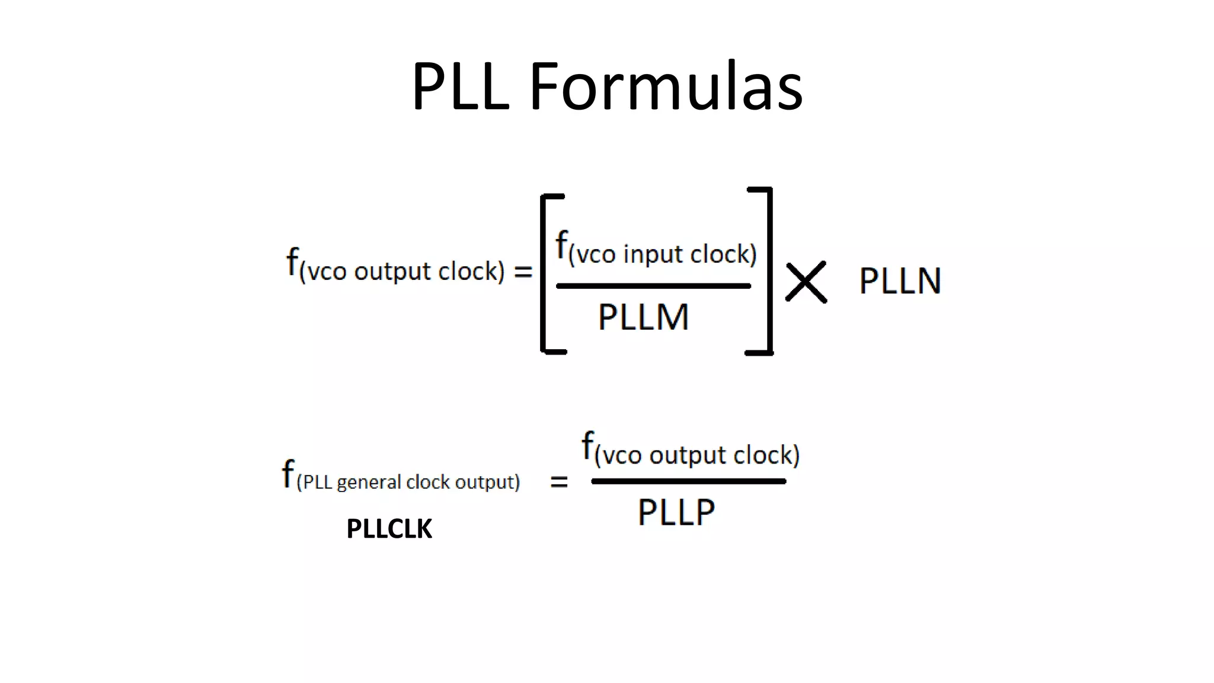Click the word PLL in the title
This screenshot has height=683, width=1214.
(x=460, y=87)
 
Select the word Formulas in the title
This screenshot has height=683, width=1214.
(x=666, y=87)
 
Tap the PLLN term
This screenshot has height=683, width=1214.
(x=900, y=281)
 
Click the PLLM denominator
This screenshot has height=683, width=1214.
(x=643, y=317)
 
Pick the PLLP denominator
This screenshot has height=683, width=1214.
(x=676, y=512)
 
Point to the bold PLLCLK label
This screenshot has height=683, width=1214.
(x=389, y=529)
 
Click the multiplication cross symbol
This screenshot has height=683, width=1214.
(x=806, y=282)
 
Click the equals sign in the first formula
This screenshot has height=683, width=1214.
(x=523, y=272)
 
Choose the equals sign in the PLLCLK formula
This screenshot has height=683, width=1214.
(x=559, y=482)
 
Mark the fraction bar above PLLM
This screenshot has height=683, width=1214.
(x=653, y=286)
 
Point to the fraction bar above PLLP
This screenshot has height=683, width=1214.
(x=688, y=481)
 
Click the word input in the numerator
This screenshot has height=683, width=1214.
(x=653, y=255)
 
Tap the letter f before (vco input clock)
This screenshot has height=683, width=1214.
(x=561, y=244)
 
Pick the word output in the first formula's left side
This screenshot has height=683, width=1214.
(x=392, y=272)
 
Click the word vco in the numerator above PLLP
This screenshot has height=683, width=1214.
(x=622, y=456)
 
